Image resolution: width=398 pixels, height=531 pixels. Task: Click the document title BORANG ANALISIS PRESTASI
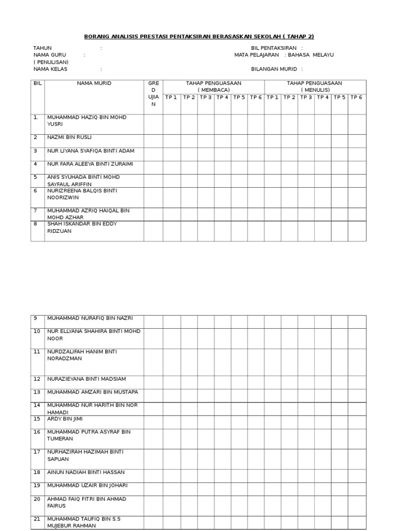[199, 36]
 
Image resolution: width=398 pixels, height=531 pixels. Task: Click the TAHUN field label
[42, 48]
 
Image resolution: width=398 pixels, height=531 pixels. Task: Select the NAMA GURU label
[50, 55]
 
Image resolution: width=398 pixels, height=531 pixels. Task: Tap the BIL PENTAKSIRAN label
[274, 48]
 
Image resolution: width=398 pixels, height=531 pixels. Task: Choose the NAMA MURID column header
[94, 83]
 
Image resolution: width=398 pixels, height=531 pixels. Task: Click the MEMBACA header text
[214, 90]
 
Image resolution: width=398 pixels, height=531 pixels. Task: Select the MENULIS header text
[315, 90]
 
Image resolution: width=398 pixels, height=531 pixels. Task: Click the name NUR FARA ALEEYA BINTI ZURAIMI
[90, 164]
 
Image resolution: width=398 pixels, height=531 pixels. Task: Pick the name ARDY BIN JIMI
[65, 418]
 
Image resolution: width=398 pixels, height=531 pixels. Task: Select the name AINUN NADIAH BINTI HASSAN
[86, 472]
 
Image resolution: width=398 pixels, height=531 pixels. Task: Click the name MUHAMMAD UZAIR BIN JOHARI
[87, 485]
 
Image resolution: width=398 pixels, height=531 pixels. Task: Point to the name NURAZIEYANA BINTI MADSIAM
[86, 379]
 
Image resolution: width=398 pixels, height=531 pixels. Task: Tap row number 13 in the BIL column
[37, 392]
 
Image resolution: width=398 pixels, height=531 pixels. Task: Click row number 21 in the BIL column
[37, 519]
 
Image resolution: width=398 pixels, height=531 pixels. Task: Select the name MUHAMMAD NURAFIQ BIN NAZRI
[90, 318]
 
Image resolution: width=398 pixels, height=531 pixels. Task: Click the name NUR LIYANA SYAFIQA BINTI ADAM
[91, 151]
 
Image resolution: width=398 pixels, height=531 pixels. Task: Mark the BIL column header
[37, 83]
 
